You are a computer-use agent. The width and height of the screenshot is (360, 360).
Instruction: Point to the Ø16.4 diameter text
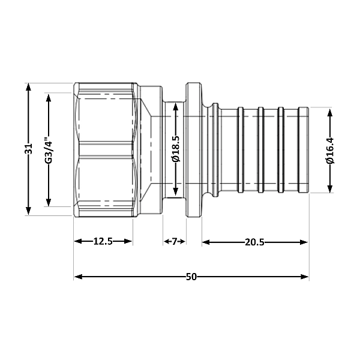point(330,151)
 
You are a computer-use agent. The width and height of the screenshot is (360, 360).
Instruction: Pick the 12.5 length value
point(103,242)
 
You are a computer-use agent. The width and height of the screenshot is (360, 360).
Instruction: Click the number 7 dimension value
point(175,242)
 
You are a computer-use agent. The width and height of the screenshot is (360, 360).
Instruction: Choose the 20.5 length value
point(255,242)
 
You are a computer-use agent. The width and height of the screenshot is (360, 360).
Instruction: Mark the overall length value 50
point(191,277)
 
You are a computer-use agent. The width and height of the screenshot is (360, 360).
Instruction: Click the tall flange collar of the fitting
point(193,150)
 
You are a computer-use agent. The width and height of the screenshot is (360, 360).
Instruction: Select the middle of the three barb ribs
point(261,150)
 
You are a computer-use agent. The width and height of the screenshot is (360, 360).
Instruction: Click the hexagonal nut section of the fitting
point(105,150)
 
